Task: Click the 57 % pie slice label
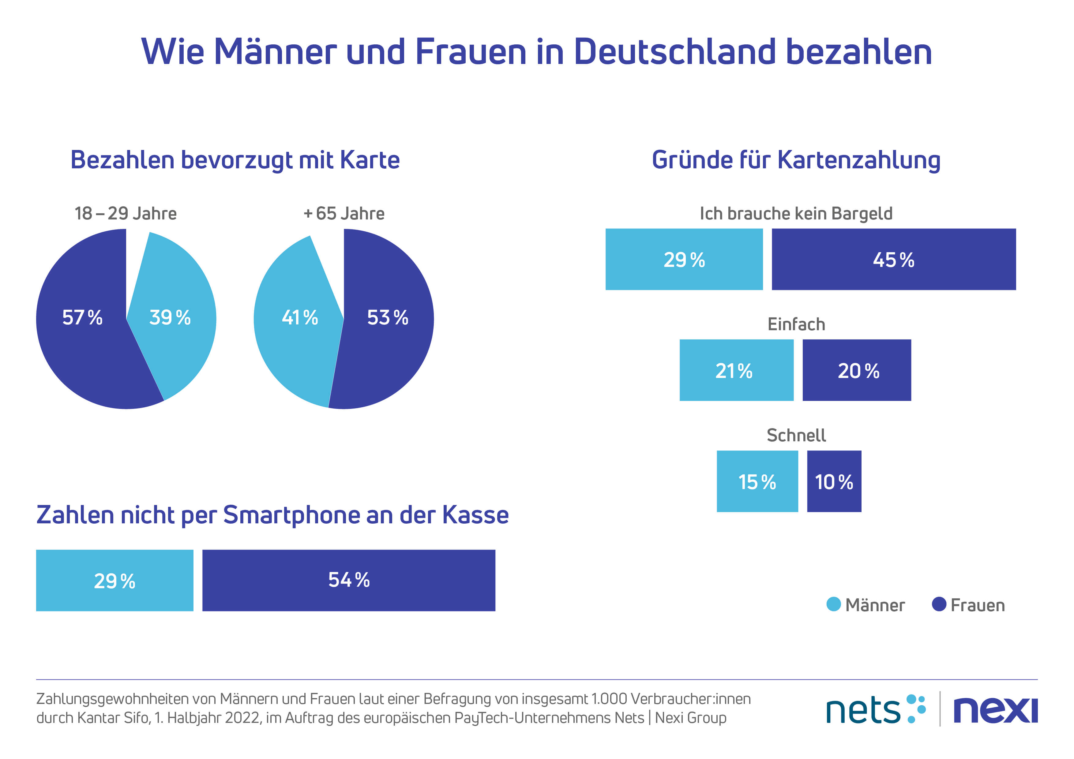point(82,318)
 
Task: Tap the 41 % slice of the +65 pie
point(300,318)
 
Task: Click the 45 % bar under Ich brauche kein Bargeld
point(893,259)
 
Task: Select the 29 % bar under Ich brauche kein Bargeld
point(684,259)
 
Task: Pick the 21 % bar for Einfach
point(736,370)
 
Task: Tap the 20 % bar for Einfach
point(857,370)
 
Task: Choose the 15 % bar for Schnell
point(757,481)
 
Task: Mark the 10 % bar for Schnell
point(834,481)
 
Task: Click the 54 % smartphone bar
point(348,580)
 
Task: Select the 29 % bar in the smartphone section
point(115,580)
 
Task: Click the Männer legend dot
point(834,604)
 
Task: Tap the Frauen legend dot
point(939,604)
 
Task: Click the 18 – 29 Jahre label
point(125,213)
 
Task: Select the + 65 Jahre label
point(344,213)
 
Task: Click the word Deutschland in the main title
point(674,51)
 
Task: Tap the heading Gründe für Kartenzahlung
point(796,160)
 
